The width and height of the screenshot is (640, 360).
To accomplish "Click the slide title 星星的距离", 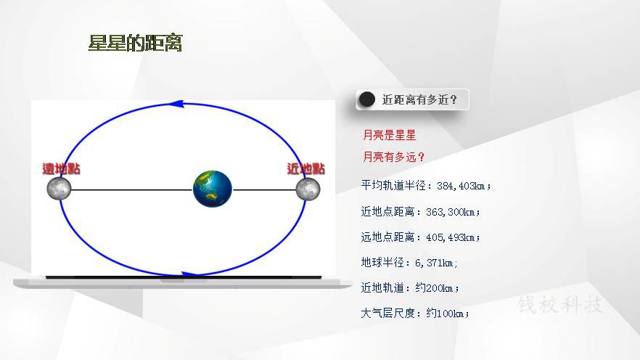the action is pyautogui.click(x=135, y=43).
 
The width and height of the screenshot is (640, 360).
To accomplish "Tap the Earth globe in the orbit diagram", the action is pyautogui.click(x=212, y=189).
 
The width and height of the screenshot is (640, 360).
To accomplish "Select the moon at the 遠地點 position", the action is pyautogui.click(x=60, y=188).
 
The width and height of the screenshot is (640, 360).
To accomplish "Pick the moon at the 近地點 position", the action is pyautogui.click(x=308, y=189).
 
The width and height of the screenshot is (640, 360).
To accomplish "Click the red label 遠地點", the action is pyautogui.click(x=61, y=168).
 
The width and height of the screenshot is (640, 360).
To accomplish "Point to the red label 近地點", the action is pyautogui.click(x=305, y=168).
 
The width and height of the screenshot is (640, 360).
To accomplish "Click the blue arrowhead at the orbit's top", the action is pyautogui.click(x=176, y=104).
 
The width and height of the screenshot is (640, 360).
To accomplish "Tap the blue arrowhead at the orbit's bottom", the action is pyautogui.click(x=190, y=274).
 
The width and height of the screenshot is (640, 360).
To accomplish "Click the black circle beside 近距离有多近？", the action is pyautogui.click(x=366, y=99).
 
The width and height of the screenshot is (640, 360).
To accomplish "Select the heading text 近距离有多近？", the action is pyautogui.click(x=419, y=99).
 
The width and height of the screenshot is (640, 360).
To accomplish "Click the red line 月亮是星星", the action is pyautogui.click(x=390, y=135).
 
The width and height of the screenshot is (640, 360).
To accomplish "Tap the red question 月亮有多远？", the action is pyautogui.click(x=394, y=157).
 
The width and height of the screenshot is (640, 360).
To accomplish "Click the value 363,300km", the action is pyautogui.click(x=451, y=212).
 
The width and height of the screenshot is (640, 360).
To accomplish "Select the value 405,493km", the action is pyautogui.click(x=451, y=237).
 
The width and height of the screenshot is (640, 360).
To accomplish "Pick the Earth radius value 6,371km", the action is pyautogui.click(x=434, y=263).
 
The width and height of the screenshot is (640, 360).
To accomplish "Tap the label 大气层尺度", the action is pyautogui.click(x=387, y=313).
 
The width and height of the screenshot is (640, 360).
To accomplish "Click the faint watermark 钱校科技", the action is pyautogui.click(x=560, y=305).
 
